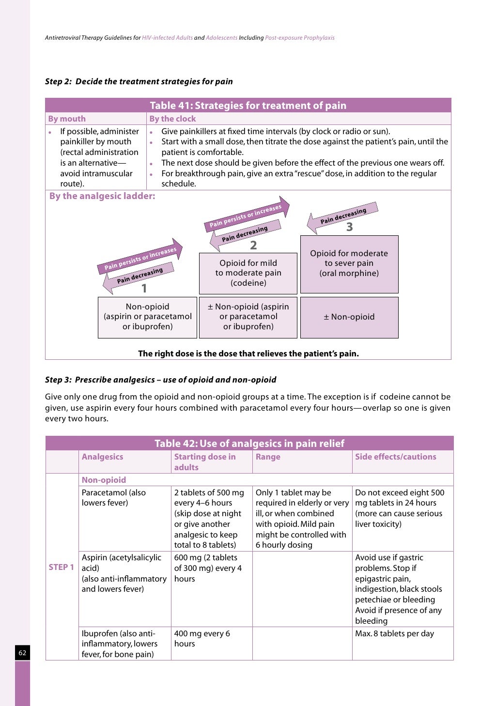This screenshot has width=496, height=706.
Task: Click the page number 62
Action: [22, 653]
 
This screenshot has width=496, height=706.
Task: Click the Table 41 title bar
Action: [248, 106]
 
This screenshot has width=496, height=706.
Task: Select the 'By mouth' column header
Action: [67, 119]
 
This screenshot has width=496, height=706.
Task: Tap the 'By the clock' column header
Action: [172, 119]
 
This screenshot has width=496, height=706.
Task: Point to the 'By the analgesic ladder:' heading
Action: [102, 196]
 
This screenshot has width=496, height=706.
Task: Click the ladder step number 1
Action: [144, 289]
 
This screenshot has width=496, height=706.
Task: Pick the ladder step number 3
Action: [349, 227]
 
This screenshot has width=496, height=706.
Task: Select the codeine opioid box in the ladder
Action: [248, 273]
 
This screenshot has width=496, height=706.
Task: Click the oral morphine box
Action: [349, 263]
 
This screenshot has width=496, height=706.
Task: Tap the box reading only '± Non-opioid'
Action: [349, 317]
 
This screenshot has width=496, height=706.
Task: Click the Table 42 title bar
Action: [249, 444]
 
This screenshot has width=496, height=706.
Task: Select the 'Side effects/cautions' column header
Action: [395, 457]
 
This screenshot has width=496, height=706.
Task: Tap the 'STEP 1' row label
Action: [62, 567]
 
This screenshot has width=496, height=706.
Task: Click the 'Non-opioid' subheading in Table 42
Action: [104, 480]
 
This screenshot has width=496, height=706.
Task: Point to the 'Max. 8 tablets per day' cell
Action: [394, 633]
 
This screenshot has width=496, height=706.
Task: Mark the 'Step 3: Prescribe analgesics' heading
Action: [160, 380]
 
